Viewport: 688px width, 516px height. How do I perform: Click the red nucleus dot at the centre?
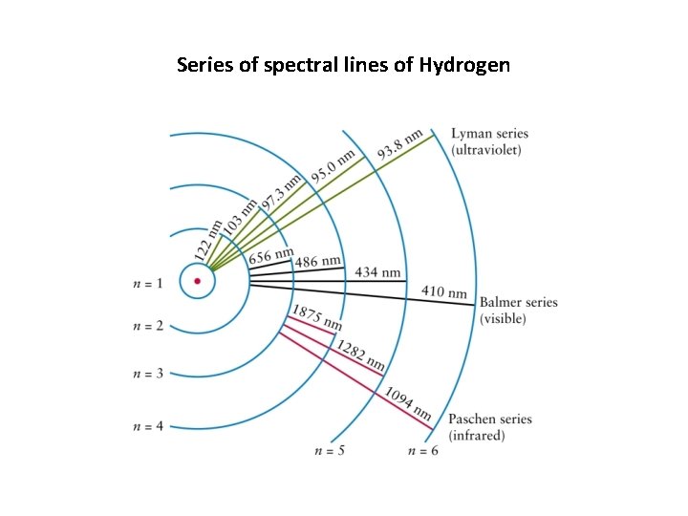coord(198,281)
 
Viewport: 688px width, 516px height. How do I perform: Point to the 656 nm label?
coord(271,256)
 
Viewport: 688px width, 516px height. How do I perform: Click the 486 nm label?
coord(317,261)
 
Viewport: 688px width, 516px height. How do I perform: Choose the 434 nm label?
coord(377,272)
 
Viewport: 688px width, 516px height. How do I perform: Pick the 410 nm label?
coord(444,291)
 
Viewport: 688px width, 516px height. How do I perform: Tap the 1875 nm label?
coord(315,317)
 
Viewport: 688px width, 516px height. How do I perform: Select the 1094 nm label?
coord(408,403)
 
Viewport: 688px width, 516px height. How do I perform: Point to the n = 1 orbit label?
coord(148,283)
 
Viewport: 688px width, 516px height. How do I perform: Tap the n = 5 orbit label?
coord(329,450)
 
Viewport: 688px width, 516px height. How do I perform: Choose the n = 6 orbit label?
coord(422,450)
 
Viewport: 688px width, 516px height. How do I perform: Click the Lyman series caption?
coord(488,142)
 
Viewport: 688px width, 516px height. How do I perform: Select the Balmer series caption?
coord(518,311)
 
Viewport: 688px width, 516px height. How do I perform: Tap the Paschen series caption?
coord(490,427)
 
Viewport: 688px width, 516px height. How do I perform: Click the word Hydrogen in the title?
coord(464,66)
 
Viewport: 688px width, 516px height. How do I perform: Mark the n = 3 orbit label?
coord(148,372)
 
